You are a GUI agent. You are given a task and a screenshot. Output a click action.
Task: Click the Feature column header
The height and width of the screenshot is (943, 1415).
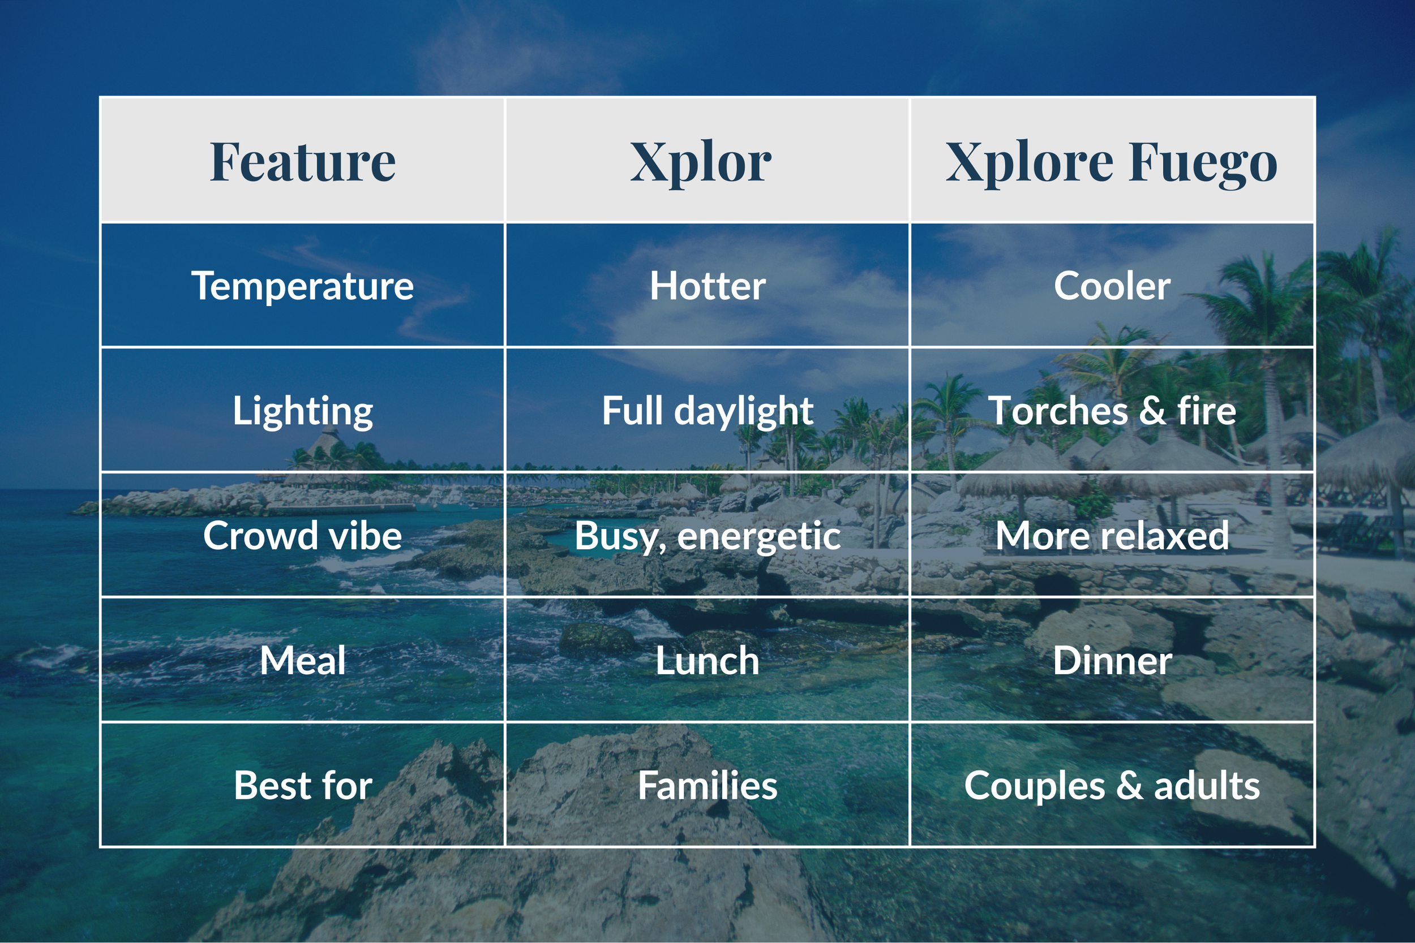click(303, 162)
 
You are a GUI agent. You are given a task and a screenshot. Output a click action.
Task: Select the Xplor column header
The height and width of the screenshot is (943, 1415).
click(700, 162)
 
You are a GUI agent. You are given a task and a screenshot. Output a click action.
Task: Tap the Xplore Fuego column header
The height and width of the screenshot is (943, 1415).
click(1111, 162)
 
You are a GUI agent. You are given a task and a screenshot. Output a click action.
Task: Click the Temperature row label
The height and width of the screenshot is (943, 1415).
click(303, 286)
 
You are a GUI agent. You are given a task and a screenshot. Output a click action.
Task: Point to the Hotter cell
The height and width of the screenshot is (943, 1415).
click(707, 286)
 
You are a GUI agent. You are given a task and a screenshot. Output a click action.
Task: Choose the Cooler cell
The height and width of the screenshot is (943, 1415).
click(1112, 286)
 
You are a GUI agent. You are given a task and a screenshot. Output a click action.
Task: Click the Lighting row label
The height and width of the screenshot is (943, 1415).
click(303, 411)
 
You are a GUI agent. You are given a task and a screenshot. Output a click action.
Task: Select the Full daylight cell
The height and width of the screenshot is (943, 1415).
click(707, 411)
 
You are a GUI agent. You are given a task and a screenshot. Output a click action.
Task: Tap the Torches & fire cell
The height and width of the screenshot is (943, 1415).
click(1112, 411)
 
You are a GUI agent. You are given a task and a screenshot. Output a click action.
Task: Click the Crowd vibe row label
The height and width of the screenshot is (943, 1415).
click(303, 535)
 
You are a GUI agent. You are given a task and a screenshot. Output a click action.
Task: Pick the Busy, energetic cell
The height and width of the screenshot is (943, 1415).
click(707, 536)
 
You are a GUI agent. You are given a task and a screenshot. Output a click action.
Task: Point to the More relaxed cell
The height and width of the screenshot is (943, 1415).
click(1112, 535)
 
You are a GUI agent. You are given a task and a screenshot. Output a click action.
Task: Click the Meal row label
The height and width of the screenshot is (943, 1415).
click(303, 660)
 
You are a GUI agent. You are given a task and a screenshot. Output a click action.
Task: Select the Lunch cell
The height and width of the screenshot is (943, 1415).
click(707, 660)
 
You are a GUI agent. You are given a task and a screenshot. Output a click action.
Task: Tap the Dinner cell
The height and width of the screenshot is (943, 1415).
click(1112, 660)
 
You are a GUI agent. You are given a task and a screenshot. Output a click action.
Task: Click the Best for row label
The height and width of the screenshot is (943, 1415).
click(303, 785)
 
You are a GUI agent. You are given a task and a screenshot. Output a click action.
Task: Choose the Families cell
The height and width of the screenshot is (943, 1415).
click(707, 785)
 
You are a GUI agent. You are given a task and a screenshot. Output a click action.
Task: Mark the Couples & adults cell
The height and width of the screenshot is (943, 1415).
click(1112, 785)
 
